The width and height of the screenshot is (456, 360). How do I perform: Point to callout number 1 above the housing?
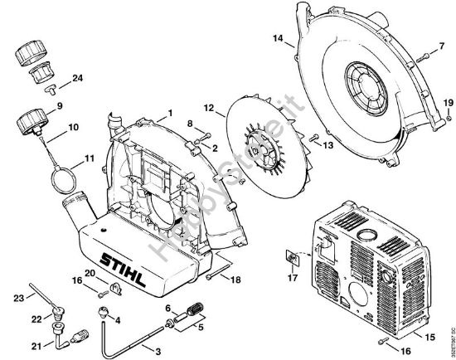[x=169, y=112]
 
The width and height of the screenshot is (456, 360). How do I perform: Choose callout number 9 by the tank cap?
[x=59, y=106]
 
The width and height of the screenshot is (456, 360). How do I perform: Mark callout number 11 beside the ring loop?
[x=89, y=157]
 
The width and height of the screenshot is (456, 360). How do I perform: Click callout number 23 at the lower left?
[x=17, y=297]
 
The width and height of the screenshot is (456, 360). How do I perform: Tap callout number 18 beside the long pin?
[x=236, y=281]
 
